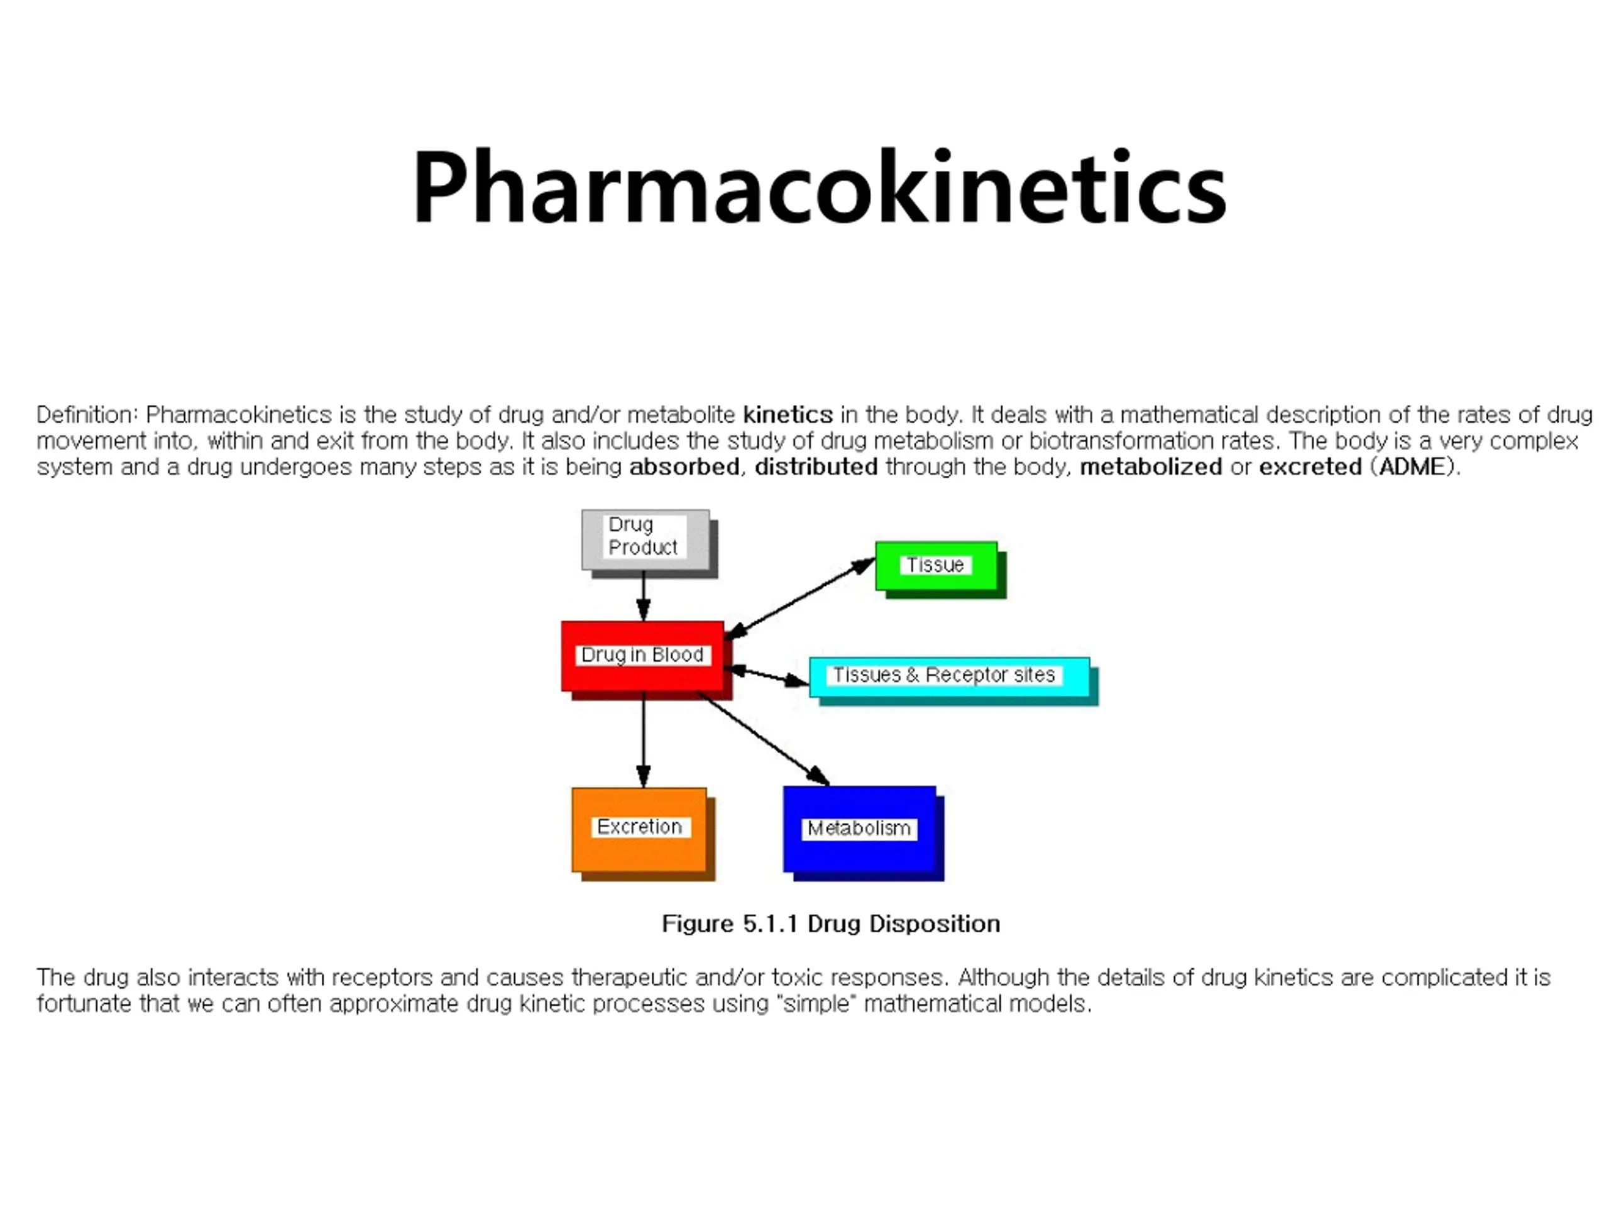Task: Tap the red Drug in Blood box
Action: point(642,656)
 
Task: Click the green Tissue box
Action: point(935,565)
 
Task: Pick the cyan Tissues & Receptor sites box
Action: point(948,676)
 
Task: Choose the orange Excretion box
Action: point(639,829)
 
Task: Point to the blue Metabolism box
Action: point(859,829)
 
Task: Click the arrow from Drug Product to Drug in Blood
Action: point(643,595)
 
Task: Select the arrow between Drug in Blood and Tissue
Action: point(800,598)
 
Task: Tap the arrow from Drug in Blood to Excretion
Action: point(643,739)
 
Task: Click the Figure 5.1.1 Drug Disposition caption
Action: point(831,924)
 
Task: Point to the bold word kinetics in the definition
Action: point(788,415)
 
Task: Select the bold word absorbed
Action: point(684,467)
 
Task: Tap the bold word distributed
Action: point(816,467)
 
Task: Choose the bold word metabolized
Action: point(1151,467)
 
